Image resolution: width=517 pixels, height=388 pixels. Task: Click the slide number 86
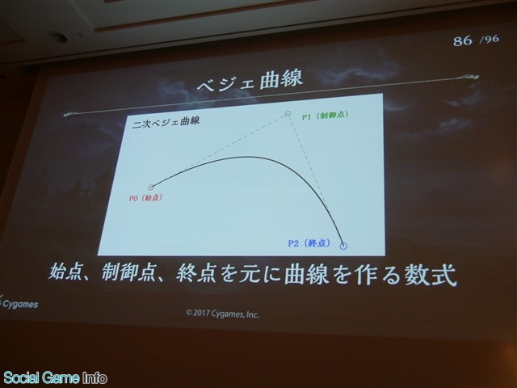coord(462,41)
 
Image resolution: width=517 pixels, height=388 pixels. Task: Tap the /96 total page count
coord(490,40)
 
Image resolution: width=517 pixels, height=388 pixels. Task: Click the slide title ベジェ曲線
coord(250,81)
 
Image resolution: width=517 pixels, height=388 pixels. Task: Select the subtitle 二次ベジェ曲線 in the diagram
coord(166,121)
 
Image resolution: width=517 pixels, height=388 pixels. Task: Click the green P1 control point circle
coord(288,114)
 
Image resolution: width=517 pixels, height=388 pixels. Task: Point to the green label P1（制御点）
coord(325,116)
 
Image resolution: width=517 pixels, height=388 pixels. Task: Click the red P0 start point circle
coord(151,188)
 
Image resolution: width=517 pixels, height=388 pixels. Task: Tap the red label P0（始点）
coord(145,198)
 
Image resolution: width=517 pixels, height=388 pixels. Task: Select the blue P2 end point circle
coord(343,246)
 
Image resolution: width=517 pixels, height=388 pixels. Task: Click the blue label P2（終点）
coord(309,243)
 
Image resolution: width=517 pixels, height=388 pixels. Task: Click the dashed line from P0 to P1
coord(219,151)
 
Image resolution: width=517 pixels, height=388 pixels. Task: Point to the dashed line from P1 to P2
coord(316,179)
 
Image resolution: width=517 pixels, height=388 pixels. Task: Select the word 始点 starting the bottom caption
coord(65,272)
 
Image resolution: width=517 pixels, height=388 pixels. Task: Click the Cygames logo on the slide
coord(19,302)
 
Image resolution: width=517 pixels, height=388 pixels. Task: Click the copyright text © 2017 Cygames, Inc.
coord(223,314)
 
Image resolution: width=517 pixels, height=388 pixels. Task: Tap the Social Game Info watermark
coord(55,377)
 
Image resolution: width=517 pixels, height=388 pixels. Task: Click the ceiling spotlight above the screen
coord(59,36)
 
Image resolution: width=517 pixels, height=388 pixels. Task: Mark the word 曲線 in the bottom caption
coord(305,274)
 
